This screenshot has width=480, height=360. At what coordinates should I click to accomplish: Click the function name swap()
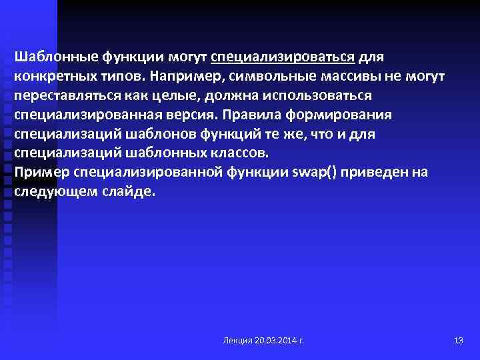coord(315,172)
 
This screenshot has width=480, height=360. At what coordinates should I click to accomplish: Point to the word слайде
coord(130,191)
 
